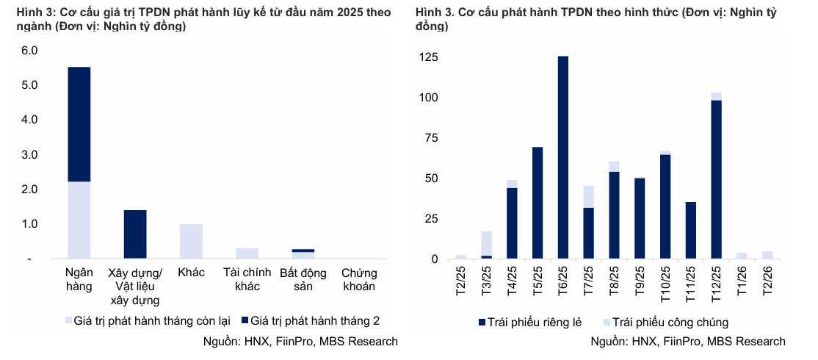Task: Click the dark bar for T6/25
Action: pyautogui.click(x=563, y=157)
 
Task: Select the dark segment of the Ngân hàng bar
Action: pyautogui.click(x=79, y=124)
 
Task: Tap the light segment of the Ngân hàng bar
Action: pyautogui.click(x=79, y=220)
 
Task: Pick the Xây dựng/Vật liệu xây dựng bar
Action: pyautogui.click(x=135, y=234)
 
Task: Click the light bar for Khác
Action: pyautogui.click(x=191, y=241)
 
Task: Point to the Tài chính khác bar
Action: pyautogui.click(x=247, y=253)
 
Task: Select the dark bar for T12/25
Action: pyautogui.click(x=716, y=179)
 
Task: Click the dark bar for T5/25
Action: pyautogui.click(x=538, y=203)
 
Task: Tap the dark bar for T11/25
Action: pyautogui.click(x=691, y=230)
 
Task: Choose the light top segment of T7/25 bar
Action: pyautogui.click(x=589, y=196)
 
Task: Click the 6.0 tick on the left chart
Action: pyautogui.click(x=29, y=51)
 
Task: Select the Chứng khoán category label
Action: pyautogui.click(x=358, y=279)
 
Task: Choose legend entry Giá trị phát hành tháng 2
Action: pyautogui.click(x=315, y=321)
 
